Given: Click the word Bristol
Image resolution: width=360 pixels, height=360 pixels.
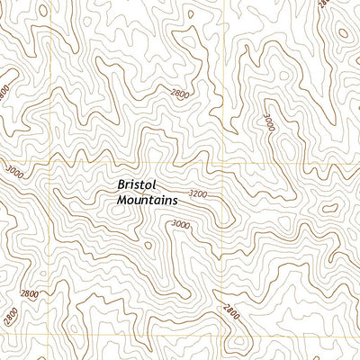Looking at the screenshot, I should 136,184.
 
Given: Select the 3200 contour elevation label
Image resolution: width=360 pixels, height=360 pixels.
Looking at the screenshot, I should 199,194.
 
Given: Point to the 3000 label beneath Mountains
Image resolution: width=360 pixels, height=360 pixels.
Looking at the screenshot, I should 181,225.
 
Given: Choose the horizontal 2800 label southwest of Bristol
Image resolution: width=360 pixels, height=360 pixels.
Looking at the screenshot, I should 30,294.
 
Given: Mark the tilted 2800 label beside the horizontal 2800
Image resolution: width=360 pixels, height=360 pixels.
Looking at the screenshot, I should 11,317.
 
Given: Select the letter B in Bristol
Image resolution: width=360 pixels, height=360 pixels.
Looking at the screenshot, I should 121,184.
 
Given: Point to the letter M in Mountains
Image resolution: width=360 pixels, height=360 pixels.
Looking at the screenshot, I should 121,200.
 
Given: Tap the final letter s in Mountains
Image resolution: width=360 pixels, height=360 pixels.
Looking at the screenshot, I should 176,200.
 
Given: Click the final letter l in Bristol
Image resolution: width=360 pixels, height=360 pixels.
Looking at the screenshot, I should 153,184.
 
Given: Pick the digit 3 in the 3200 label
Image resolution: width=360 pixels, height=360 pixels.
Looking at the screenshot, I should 192,194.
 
